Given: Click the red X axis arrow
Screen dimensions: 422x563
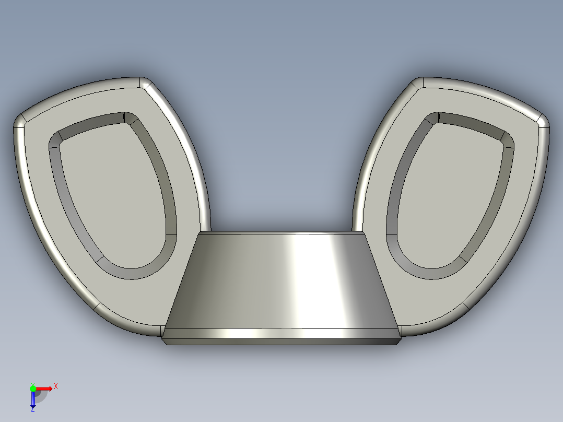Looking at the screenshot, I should [x=44, y=389].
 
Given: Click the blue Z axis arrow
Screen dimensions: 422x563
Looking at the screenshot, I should [x=32, y=400].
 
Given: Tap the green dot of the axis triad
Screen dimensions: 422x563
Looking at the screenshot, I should [x=32, y=388].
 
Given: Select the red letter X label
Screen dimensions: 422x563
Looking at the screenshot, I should [x=55, y=386].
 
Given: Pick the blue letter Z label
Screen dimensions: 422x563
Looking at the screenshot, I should [x=32, y=409].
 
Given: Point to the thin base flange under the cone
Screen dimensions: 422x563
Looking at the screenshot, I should [x=282, y=341].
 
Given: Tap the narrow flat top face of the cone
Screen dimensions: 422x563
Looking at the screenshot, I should [x=282, y=232].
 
